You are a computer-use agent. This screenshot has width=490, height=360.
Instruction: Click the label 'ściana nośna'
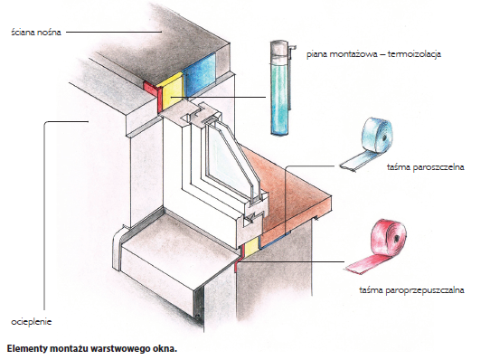coord(36,33)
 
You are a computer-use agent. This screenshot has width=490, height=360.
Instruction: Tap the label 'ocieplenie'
coord(32,322)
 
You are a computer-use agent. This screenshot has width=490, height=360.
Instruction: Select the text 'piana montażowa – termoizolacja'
coord(373,54)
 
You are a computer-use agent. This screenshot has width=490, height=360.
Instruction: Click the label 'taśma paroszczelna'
coord(425,167)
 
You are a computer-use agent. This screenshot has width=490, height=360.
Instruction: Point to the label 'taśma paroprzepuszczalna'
coord(411,290)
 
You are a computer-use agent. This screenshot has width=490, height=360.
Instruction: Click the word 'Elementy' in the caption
coord(26,349)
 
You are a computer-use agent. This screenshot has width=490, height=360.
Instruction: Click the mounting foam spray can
coord(280,88)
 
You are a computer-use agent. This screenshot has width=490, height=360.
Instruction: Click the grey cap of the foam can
coord(279,50)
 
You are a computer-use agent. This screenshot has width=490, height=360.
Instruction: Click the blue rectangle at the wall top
coord(200,75)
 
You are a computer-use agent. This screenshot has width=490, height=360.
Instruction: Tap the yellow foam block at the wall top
coord(172,93)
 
